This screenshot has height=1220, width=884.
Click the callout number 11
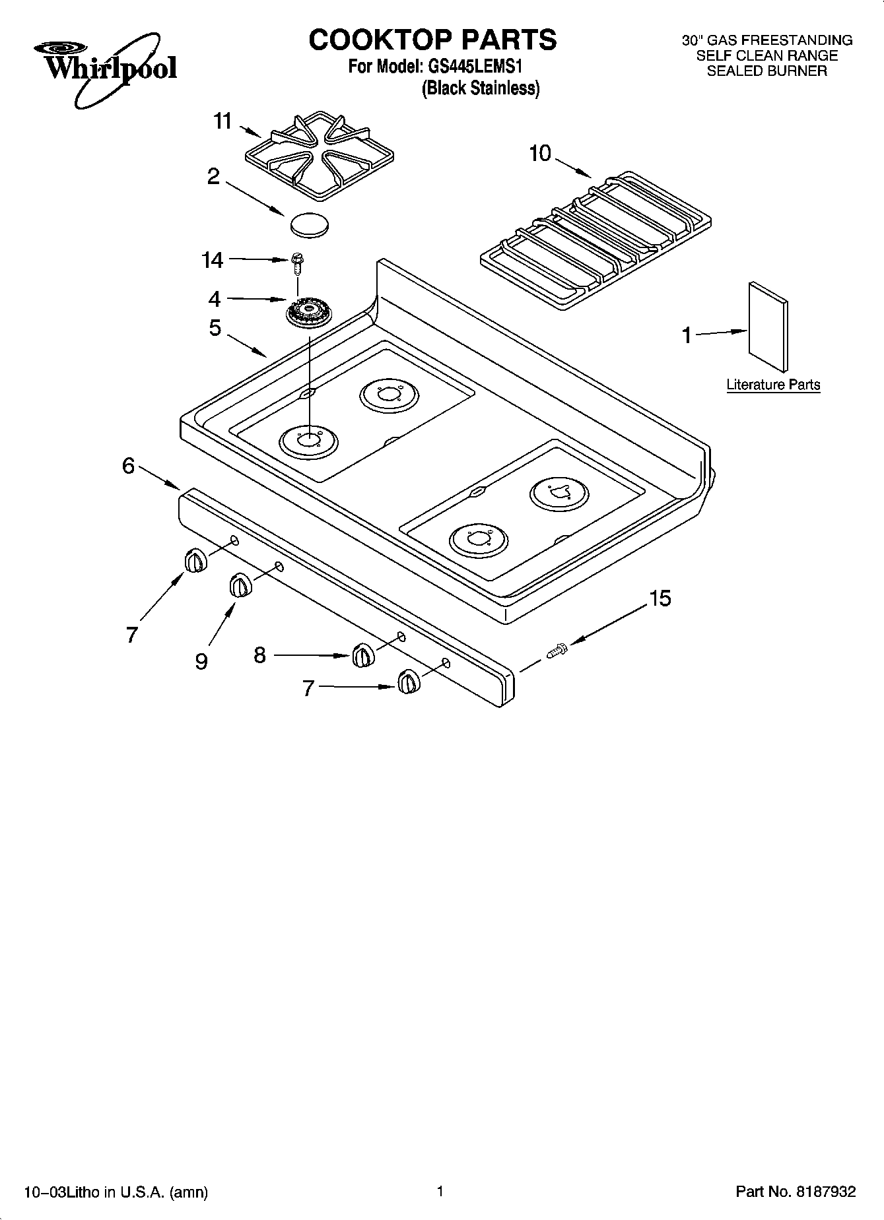(223, 121)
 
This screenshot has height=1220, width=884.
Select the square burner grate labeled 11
(320, 156)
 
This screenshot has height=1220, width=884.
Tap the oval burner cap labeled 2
(309, 224)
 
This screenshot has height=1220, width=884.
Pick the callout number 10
(540, 154)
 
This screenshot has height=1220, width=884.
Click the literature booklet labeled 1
(768, 327)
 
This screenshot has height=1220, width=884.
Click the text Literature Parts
(773, 385)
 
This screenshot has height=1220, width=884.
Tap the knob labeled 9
(240, 585)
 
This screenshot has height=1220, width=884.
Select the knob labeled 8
(362, 655)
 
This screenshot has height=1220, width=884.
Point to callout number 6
(129, 466)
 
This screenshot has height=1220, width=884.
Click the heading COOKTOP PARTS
(432, 40)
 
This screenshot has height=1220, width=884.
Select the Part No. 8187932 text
(796, 1192)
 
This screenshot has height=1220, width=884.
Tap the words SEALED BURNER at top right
(766, 71)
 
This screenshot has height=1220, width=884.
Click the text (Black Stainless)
(481, 88)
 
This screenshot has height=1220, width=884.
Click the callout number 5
(215, 328)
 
